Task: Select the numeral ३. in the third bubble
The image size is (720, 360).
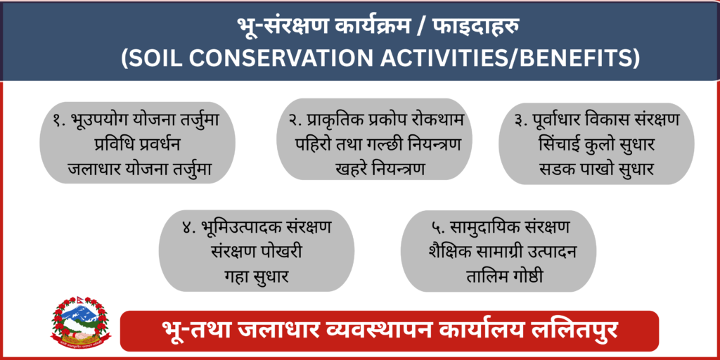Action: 522,121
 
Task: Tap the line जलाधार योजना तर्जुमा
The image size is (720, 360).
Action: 139,169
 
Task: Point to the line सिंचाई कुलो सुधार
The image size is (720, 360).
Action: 596,145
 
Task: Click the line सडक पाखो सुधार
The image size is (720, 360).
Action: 596,169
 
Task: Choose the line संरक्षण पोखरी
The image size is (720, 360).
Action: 256,252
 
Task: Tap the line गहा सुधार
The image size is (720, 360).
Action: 256,276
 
